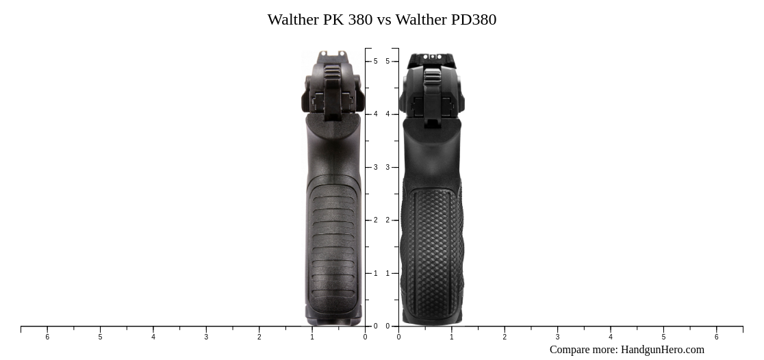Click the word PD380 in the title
473,19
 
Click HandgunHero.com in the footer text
662,350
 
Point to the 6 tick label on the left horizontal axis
47,337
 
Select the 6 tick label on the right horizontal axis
716,337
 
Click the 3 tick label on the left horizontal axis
206,337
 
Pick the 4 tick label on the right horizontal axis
611,337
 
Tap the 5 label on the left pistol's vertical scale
375,62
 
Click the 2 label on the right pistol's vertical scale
387,220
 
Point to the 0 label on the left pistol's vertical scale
375,326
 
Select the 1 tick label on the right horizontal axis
451,337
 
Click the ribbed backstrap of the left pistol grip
333,246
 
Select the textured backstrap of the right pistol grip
432,253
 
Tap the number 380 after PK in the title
360,19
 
